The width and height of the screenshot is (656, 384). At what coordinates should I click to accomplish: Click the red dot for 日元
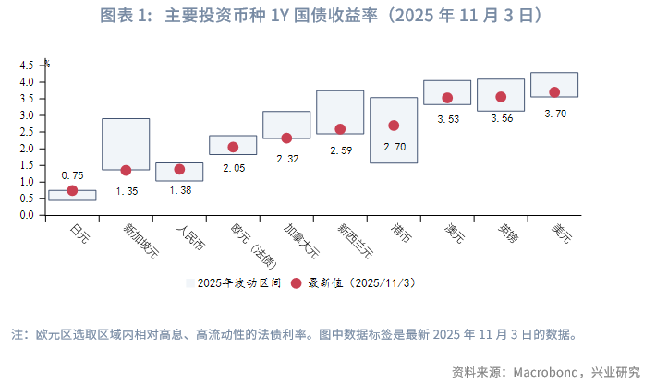pyautogui.click(x=72, y=191)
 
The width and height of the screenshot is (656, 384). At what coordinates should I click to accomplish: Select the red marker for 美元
pyautogui.click(x=554, y=92)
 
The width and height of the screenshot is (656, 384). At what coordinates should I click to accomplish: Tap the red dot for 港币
pyautogui.click(x=394, y=126)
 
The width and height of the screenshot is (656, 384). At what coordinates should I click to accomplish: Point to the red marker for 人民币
pyautogui.click(x=179, y=169)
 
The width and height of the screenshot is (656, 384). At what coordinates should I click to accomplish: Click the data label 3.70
pyautogui.click(x=555, y=114)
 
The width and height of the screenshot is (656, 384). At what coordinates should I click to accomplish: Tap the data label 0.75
pyautogui.click(x=72, y=175)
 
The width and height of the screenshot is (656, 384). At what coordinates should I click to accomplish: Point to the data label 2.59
pyautogui.click(x=340, y=150)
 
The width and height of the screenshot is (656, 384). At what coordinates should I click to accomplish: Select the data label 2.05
pyautogui.click(x=233, y=168)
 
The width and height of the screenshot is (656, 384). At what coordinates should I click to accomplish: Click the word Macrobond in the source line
pyautogui.click(x=545, y=372)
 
